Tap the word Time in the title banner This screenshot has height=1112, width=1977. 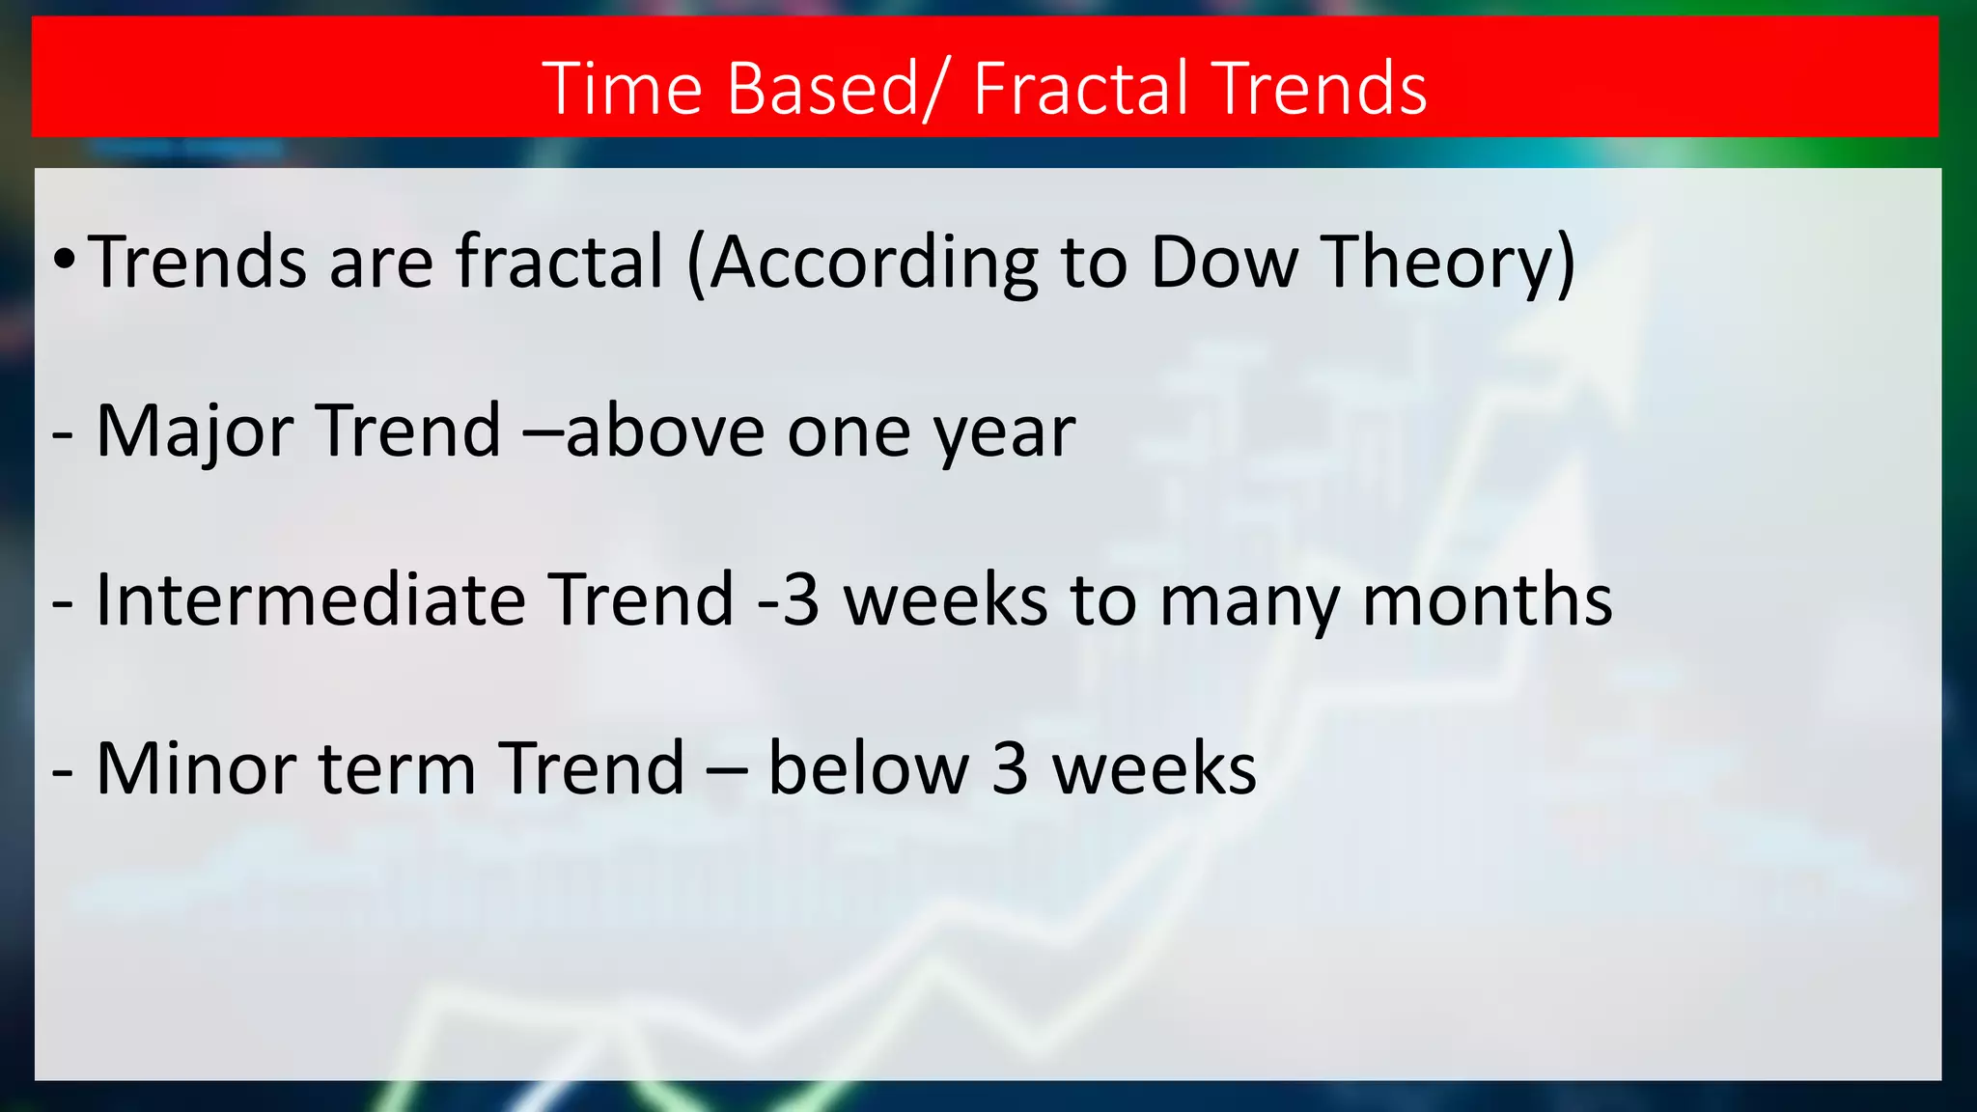(623, 88)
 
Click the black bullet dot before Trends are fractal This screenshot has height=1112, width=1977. (64, 260)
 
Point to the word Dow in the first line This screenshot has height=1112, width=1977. (1224, 262)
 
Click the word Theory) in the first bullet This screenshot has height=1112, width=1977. (1448, 264)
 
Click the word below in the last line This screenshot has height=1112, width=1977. (868, 769)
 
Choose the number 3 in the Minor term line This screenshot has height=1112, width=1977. (1010, 769)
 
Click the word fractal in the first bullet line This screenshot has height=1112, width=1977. (560, 262)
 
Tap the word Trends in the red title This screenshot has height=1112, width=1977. (1319, 88)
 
